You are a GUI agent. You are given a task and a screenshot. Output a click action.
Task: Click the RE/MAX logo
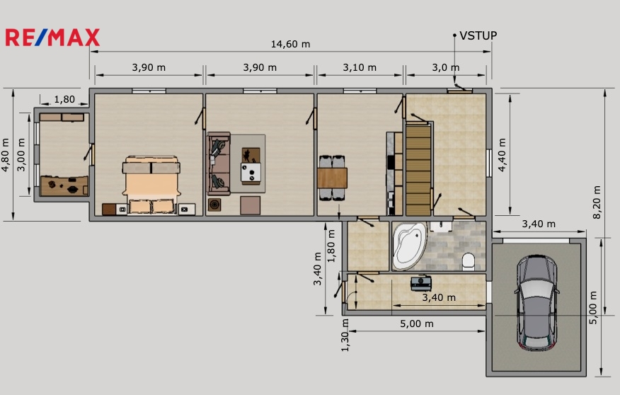[x=52, y=38]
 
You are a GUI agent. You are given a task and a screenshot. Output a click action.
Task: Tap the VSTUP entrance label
[x=478, y=35]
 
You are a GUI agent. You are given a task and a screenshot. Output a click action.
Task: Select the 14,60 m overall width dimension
[x=290, y=44]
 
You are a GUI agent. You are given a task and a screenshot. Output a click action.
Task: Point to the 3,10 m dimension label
[x=360, y=67]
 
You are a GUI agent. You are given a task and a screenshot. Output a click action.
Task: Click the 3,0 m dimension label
[x=446, y=67]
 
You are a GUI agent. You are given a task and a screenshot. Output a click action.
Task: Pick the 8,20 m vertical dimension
[x=597, y=202]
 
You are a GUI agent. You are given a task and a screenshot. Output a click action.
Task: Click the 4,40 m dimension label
[x=502, y=154]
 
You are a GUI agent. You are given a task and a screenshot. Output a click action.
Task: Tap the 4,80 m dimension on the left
[x=6, y=154]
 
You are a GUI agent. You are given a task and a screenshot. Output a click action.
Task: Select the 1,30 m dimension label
[x=345, y=336]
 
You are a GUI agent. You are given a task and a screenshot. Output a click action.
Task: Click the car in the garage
[x=536, y=302]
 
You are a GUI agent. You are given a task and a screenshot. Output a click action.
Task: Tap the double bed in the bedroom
[x=151, y=185]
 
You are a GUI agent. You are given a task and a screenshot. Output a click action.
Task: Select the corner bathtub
[x=409, y=246]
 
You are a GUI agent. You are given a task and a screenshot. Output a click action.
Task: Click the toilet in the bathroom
[x=469, y=262]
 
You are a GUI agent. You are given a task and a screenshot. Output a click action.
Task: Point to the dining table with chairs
[x=332, y=178]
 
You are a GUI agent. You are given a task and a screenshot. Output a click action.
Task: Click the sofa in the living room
[x=219, y=164]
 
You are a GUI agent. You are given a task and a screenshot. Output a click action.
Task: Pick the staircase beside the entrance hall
[x=418, y=170]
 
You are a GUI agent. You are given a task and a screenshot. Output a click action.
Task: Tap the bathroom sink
[x=441, y=227]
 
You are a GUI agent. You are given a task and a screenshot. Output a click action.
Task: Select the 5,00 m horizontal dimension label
[x=417, y=324]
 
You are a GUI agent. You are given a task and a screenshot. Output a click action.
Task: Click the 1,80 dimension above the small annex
[x=64, y=99]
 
